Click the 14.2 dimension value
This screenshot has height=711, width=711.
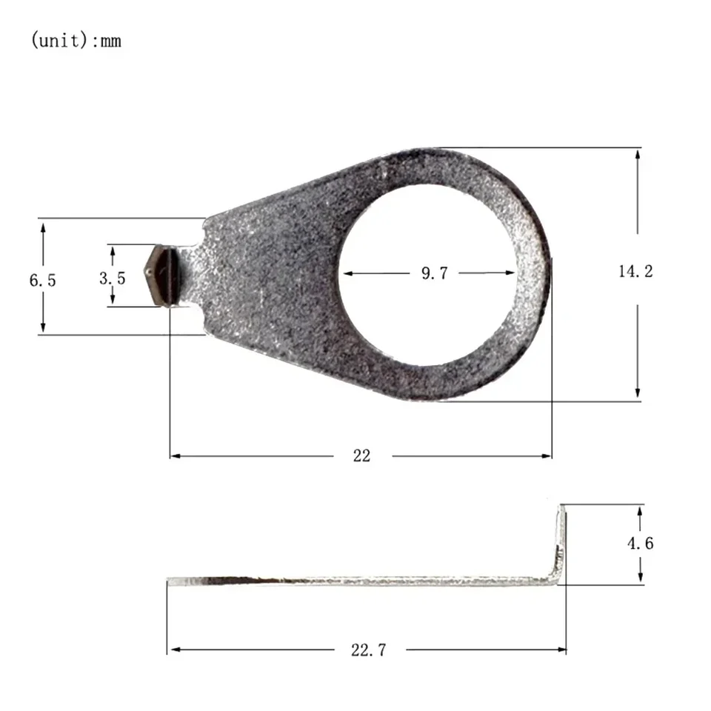(x=635, y=271)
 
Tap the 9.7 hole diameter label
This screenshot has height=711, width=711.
(x=435, y=273)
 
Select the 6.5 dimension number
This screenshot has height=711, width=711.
(x=43, y=280)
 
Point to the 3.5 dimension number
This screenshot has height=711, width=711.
(x=112, y=278)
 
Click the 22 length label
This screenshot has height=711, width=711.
(x=361, y=455)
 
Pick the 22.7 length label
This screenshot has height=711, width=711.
(x=368, y=650)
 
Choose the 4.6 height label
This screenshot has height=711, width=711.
(x=640, y=543)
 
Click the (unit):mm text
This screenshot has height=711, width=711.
(x=76, y=40)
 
